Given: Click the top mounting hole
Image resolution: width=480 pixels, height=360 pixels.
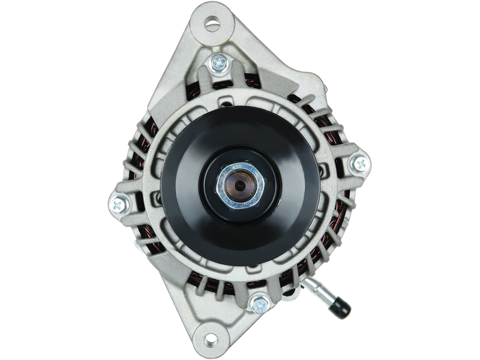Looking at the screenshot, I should coord(212,25).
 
